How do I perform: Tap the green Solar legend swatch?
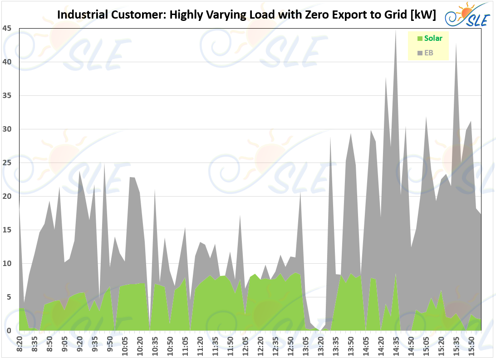[420, 39]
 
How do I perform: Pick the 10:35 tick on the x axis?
[155, 343]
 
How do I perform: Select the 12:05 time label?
[246, 343]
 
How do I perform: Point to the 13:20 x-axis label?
[321, 343]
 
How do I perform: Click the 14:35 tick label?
[396, 343]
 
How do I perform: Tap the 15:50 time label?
[471, 343]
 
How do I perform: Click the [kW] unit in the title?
[422, 15]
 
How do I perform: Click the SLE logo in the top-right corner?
[467, 15]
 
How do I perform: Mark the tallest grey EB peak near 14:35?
[396, 32]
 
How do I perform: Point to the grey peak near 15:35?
[456, 44]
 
